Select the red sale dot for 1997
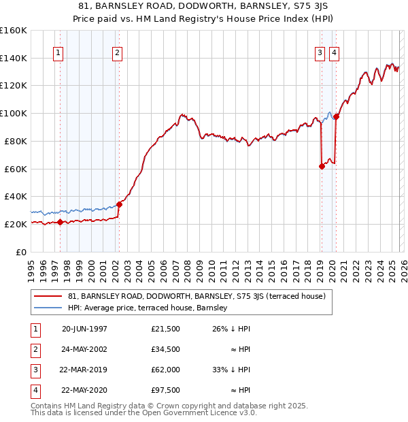[60, 222]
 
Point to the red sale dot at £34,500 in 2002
[119, 204]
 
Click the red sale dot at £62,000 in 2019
[322, 166]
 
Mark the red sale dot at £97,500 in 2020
[336, 116]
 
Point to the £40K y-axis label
[15, 196]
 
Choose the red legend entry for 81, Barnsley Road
[197, 296]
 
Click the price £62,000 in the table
[165, 370]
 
